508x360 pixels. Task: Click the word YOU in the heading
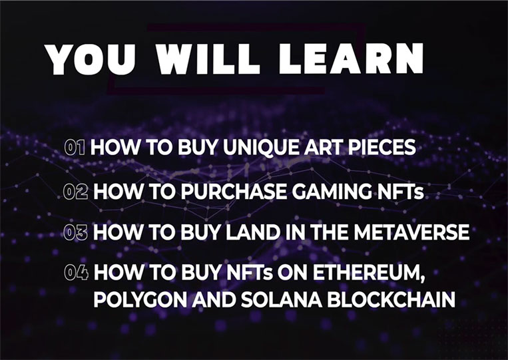(x=90, y=60)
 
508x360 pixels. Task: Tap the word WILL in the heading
(x=208, y=60)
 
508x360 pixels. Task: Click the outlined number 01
(x=75, y=147)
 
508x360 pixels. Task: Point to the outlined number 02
(x=75, y=192)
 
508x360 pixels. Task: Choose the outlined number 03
(x=75, y=232)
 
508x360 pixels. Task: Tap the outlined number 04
(x=76, y=272)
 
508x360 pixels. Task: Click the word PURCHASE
(x=234, y=192)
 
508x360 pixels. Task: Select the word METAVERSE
(x=411, y=232)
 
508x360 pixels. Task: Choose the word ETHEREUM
(x=369, y=273)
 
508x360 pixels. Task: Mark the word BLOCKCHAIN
(x=391, y=299)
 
